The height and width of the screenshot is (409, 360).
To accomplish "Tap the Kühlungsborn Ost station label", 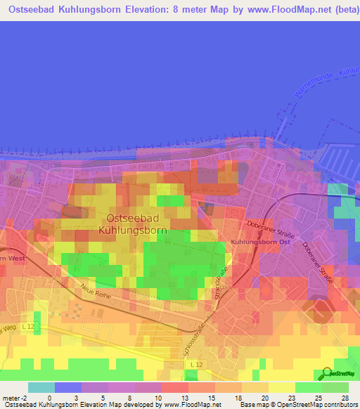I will pyautogui.click(x=259, y=242).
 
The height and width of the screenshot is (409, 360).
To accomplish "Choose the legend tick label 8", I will pyautogui.click(x=130, y=397).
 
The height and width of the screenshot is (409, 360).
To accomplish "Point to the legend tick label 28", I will pyautogui.click(x=345, y=397).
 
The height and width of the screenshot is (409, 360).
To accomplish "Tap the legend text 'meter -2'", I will pyautogui.click(x=15, y=397).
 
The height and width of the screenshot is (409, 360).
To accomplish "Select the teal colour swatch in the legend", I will pyautogui.click(x=41, y=387).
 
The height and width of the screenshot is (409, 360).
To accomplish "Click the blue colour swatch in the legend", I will pyautogui.click(x=68, y=387).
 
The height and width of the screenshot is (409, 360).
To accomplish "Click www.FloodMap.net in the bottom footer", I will pyautogui.click(x=193, y=405).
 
